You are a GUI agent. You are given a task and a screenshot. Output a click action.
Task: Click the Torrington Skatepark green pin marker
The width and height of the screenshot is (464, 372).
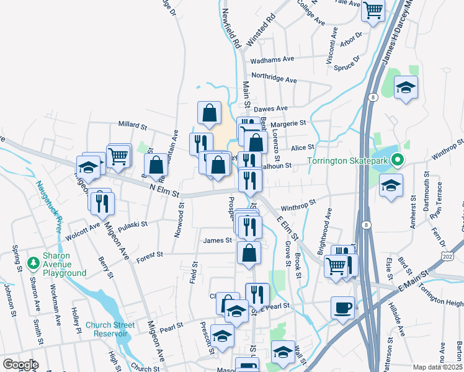point(400,160)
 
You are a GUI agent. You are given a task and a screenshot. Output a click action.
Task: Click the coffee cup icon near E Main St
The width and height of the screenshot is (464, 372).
point(342,308)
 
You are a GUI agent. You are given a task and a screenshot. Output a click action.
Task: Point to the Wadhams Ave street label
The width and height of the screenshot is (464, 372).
point(272,61)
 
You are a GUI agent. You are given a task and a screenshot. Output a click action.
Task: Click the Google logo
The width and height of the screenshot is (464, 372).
point(20,365)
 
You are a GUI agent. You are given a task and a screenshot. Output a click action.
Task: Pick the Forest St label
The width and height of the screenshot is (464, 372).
point(150,254)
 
